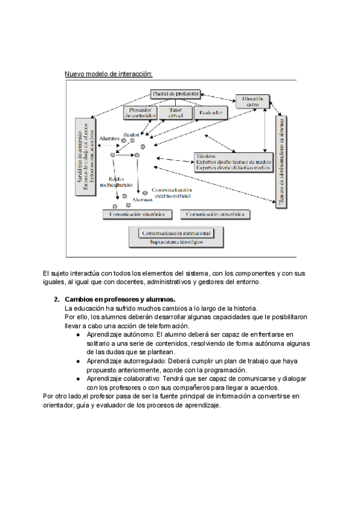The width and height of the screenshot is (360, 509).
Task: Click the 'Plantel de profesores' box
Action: [175, 94]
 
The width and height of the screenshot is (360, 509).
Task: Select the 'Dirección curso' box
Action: [252, 101]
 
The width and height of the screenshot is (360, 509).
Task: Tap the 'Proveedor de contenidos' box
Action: [140, 113]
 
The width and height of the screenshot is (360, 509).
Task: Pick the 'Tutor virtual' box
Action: [175, 113]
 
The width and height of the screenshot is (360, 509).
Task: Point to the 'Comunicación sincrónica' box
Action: [138, 214]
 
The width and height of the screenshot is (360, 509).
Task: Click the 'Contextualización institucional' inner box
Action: [176, 232]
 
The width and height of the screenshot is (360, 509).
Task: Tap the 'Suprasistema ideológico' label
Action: [176, 242]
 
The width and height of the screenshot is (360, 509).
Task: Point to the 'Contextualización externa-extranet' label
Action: [172, 193]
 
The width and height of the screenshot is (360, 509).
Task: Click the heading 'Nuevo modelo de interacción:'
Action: [109, 74]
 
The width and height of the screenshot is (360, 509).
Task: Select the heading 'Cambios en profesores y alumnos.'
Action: [120, 299]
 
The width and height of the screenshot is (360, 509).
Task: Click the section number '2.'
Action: [56, 299]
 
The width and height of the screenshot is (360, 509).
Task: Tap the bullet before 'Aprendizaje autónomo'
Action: [79, 334]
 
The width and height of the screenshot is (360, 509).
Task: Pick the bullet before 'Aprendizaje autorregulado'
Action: [79, 362]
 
